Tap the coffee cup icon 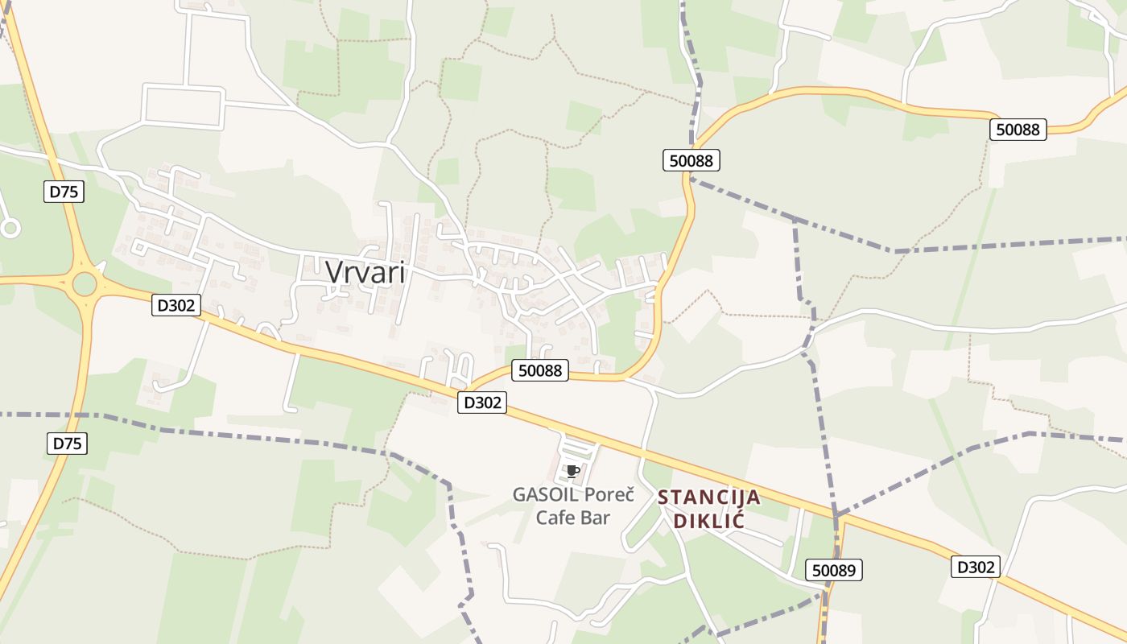coord(572,471)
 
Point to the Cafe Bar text coord(573,517)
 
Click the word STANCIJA coord(708,497)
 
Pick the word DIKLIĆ coord(708,521)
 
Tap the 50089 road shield coord(834,570)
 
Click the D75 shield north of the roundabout coord(66,192)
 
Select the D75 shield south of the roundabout coord(68,443)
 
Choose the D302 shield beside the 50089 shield coord(975,567)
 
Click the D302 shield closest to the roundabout coord(175,305)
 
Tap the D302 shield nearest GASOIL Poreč coord(482,402)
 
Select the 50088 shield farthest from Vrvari coord(1018,129)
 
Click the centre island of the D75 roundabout coord(84,283)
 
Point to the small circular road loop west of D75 coord(10,229)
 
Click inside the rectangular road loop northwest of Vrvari coord(183,106)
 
